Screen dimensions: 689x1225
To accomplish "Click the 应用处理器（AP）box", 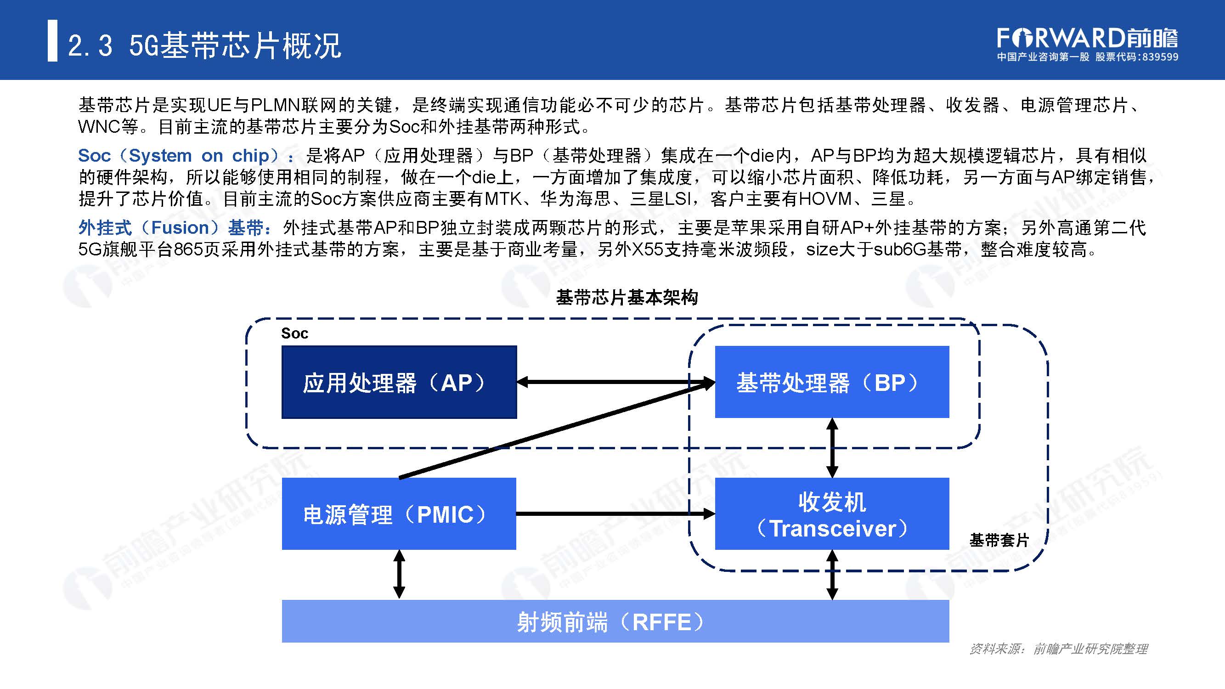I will [399, 382].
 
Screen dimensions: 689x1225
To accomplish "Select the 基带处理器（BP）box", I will [832, 382].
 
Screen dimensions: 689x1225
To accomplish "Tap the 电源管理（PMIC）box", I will [399, 514].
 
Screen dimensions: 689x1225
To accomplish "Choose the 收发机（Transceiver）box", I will [832, 514].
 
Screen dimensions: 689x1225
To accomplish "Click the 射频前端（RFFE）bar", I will [615, 621].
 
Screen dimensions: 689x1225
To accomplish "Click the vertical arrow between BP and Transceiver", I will [832, 448].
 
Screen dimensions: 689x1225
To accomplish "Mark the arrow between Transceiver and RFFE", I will [832, 575].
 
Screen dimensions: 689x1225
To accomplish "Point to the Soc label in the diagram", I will [294, 333].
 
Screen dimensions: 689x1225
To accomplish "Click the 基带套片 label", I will [999, 540].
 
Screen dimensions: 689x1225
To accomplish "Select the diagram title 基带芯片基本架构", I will [627, 298].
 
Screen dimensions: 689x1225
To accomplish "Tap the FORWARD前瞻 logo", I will [1087, 38].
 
